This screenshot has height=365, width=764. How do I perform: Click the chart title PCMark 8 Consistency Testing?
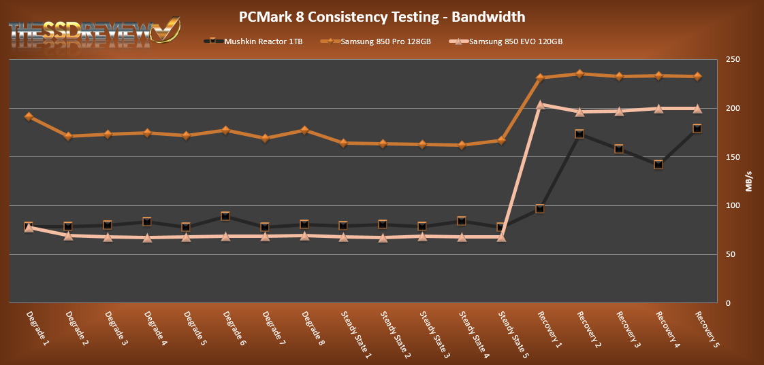[381, 16]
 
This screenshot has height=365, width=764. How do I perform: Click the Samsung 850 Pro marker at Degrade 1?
[29, 116]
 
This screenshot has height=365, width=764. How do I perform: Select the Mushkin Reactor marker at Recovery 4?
[658, 164]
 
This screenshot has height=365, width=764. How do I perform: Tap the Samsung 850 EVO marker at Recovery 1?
[540, 105]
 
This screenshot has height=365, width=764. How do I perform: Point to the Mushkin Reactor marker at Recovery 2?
[579, 134]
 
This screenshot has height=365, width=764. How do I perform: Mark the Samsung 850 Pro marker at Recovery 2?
[579, 73]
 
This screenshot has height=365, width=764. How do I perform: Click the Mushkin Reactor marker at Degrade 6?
[225, 216]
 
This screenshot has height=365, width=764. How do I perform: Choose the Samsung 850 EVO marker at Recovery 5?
[697, 108]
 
